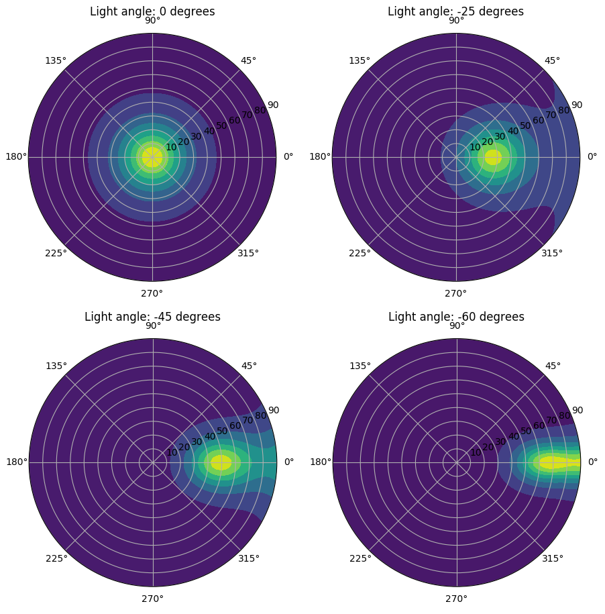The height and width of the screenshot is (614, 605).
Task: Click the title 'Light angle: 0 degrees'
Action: click(x=152, y=11)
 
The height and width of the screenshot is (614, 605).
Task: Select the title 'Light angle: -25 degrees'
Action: click(x=455, y=11)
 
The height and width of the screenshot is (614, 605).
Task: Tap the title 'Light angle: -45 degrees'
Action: click(x=152, y=317)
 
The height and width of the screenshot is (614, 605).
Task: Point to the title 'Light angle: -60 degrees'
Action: click(x=456, y=317)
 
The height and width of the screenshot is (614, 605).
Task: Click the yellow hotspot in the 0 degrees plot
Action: click(x=152, y=157)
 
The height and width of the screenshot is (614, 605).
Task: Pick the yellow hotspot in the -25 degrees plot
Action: click(x=493, y=157)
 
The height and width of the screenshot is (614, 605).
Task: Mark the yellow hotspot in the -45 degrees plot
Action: click(x=221, y=462)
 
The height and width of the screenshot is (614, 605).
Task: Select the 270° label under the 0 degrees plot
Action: click(x=152, y=293)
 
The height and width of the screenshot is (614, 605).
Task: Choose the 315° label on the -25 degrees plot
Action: click(x=552, y=253)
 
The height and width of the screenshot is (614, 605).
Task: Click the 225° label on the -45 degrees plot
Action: click(x=56, y=558)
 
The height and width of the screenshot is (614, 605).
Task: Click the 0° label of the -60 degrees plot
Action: click(x=592, y=462)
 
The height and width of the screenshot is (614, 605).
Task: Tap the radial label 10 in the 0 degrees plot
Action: click(x=171, y=147)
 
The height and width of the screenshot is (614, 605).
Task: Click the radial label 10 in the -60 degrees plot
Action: click(x=476, y=452)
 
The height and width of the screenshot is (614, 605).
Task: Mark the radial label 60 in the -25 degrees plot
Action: click(x=538, y=121)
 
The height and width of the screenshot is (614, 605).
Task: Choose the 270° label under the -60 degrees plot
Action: click(x=456, y=599)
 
